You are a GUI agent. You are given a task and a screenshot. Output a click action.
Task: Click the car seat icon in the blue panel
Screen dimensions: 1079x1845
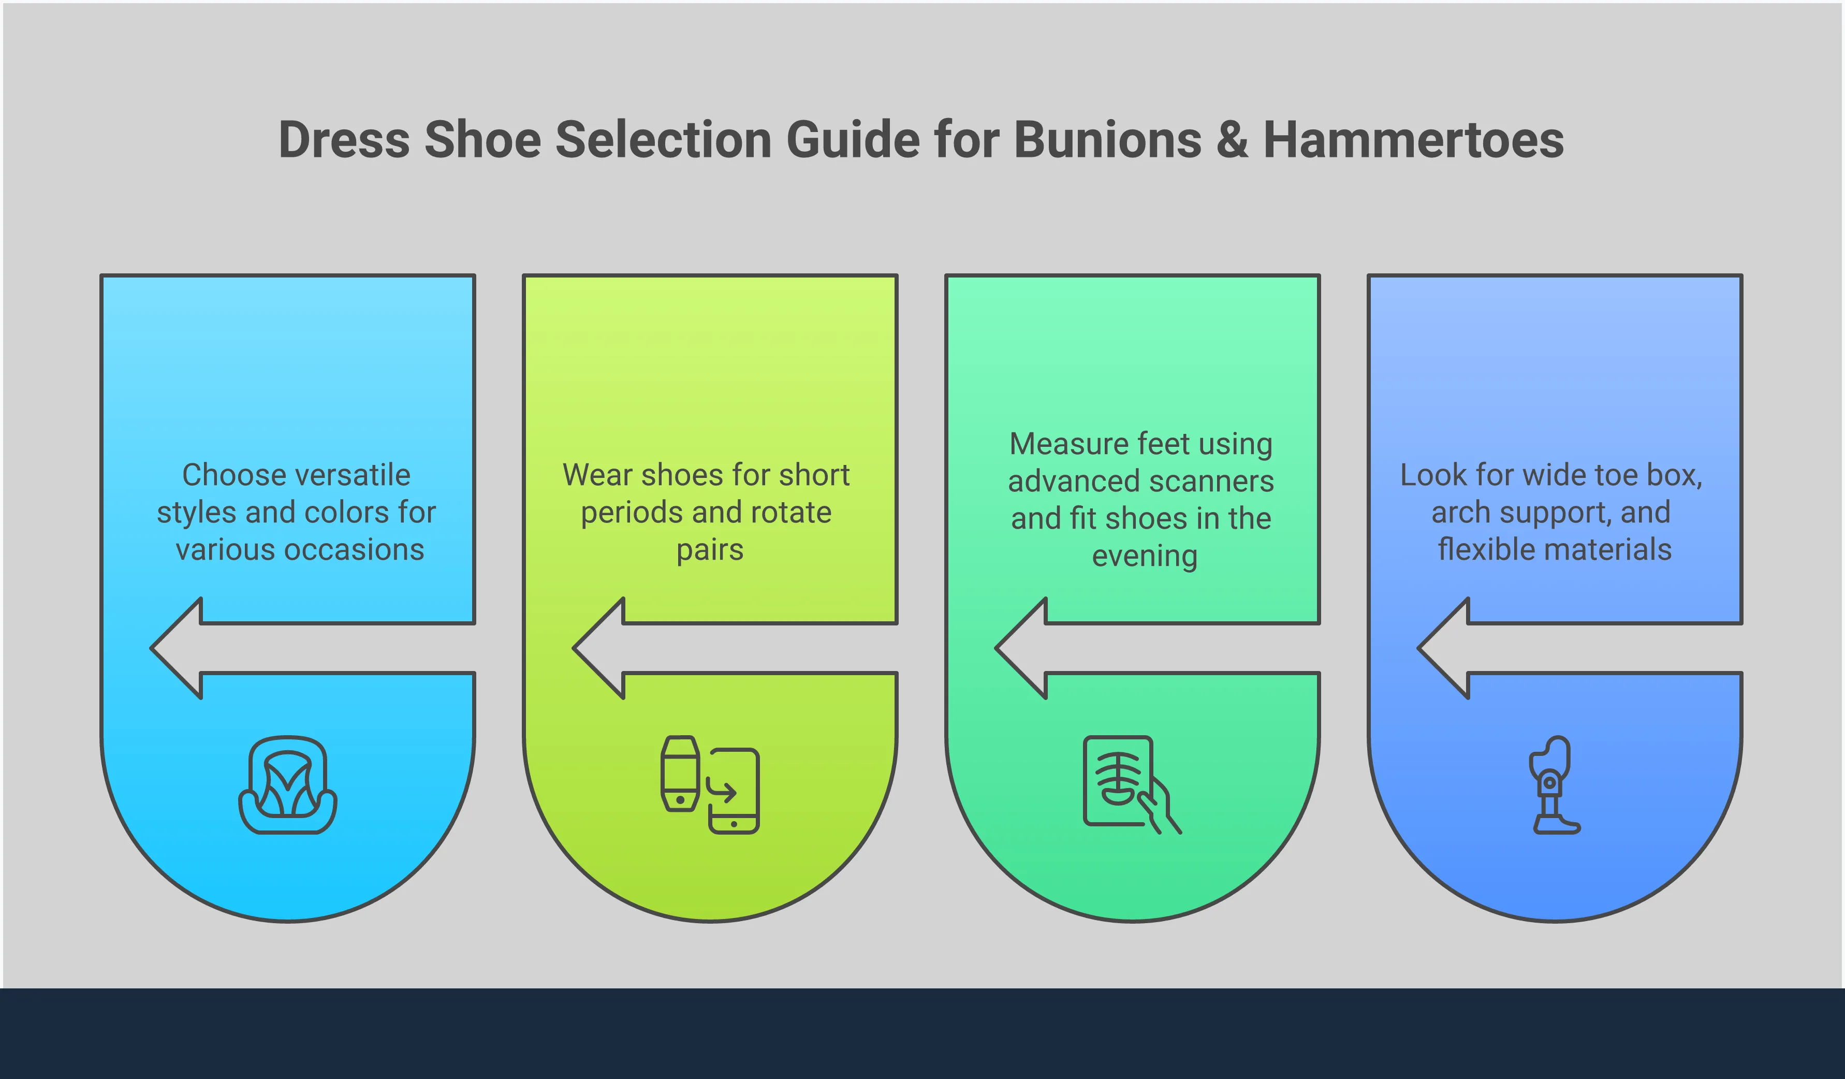tap(288, 785)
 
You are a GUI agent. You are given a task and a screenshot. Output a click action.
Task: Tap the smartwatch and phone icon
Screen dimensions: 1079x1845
tap(709, 785)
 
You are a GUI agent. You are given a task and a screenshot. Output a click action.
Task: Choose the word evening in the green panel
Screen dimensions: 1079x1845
tap(1145, 557)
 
